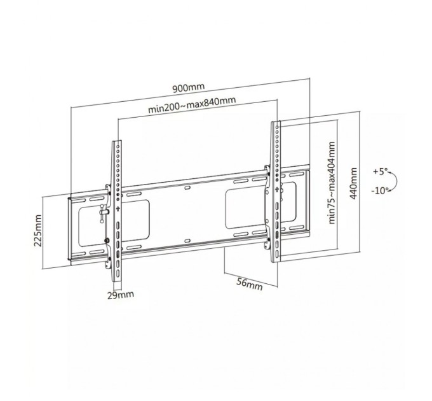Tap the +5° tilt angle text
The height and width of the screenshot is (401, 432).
380,171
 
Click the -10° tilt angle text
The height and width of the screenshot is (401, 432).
381,190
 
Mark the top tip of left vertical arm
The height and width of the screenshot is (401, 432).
116,141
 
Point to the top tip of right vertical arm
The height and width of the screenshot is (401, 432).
276,122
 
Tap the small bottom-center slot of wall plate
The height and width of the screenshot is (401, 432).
187,239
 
